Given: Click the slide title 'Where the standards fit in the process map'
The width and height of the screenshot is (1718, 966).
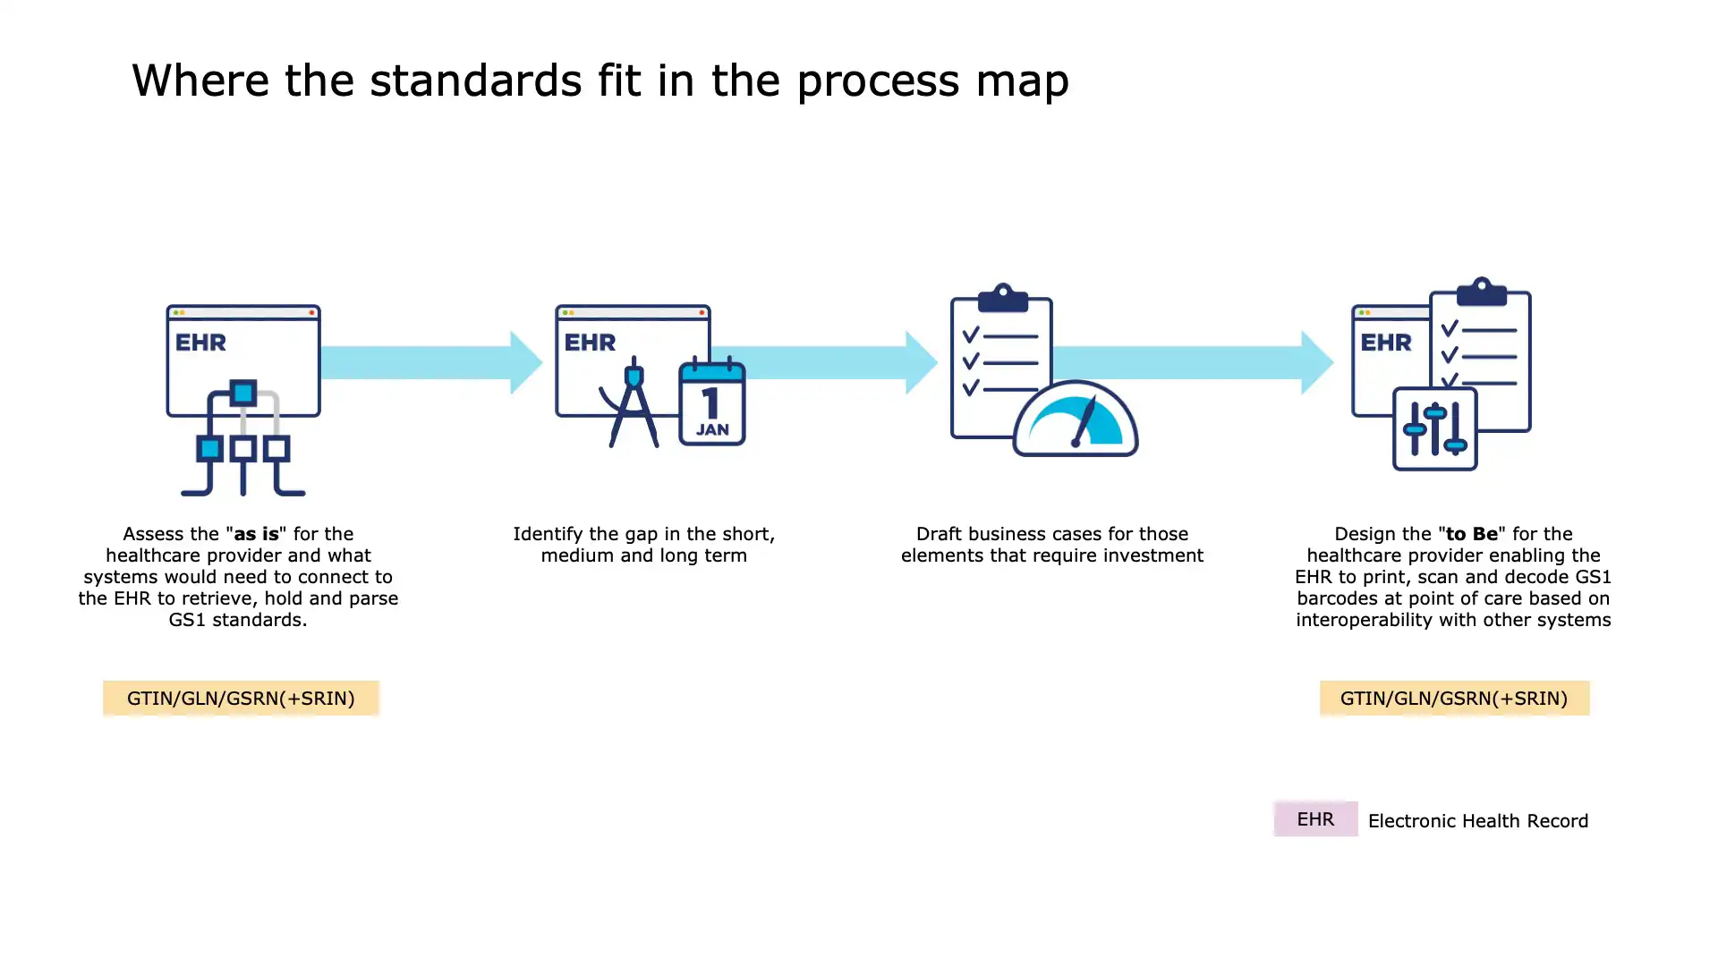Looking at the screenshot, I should pos(600,80).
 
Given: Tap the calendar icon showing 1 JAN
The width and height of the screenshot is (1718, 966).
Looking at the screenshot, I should pos(712,402).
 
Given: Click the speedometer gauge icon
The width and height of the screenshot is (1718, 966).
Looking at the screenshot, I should pos(1076,420).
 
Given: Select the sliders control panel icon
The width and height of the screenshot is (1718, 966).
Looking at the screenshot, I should pos(1434,429).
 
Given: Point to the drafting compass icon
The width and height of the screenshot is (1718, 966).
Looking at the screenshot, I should pos(634,402).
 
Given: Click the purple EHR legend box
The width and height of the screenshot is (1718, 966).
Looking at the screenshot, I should pos(1315,819).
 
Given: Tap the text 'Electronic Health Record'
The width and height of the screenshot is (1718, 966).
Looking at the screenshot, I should pos(1478,821).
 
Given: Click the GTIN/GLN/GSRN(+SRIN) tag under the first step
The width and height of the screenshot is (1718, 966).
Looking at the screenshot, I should pos(241,699).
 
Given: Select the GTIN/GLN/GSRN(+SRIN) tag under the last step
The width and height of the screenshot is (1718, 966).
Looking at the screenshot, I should pos(1454,699).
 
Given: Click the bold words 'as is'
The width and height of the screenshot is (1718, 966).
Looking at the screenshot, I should pos(256,534).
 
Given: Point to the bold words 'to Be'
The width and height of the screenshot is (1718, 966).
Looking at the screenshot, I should pos(1472,534).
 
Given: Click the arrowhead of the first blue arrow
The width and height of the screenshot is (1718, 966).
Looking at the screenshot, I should pos(526,362).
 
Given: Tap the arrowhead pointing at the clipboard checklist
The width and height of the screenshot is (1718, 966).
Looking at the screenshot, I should pos(922,362).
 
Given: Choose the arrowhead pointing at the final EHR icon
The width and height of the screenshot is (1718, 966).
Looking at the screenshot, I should pos(1317,362).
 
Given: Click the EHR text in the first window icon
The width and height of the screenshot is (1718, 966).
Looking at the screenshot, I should pos(200,343).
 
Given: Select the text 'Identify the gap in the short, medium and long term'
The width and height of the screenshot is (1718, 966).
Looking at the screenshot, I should pos(643,545).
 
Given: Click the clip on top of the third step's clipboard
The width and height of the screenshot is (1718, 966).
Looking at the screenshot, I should pos(1002,297).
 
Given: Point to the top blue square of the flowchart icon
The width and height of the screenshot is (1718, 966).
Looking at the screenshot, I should pos(242,393).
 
